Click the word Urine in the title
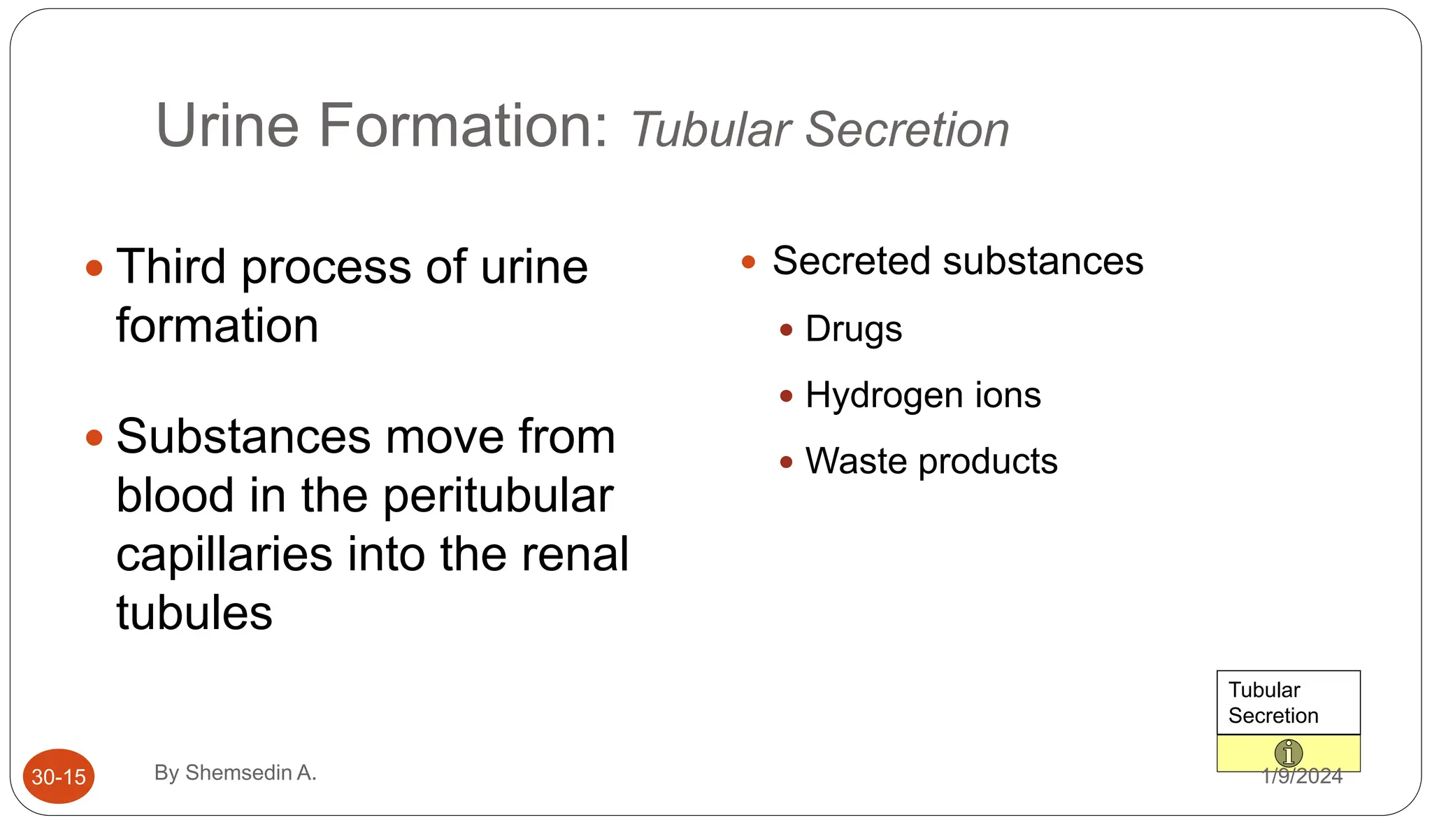click(227, 126)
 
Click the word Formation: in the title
click(464, 126)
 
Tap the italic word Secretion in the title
click(907, 130)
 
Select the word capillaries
click(224, 554)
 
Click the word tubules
click(194, 613)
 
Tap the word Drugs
click(853, 330)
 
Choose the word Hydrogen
click(883, 395)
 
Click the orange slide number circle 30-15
click(59, 776)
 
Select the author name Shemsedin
click(238, 772)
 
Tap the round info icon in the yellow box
click(1288, 754)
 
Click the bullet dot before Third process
click(94, 268)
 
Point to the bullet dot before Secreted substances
click(748, 262)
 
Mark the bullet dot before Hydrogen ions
click(786, 397)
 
